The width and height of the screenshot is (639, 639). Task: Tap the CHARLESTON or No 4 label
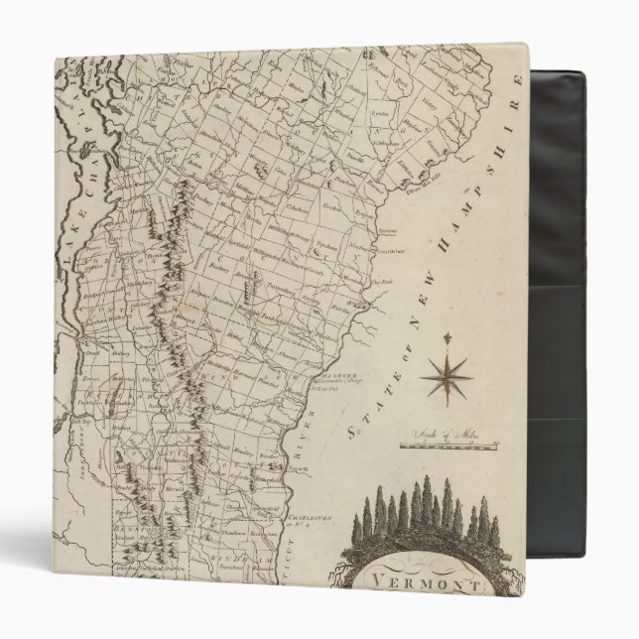(301, 521)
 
